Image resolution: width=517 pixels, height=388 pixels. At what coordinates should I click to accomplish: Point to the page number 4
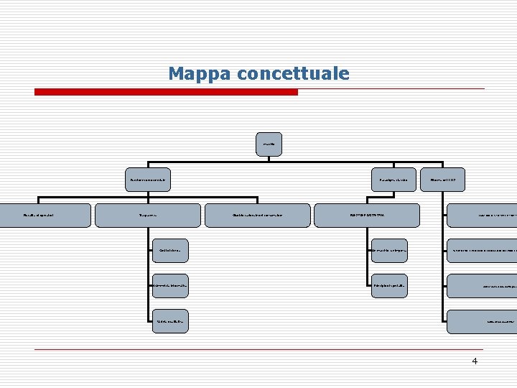point(475,361)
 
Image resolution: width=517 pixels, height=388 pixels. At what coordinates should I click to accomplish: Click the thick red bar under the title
point(166,92)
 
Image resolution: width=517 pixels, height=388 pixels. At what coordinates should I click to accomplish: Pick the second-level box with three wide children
point(149,179)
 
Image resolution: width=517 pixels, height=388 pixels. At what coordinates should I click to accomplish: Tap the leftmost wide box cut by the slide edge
point(45,215)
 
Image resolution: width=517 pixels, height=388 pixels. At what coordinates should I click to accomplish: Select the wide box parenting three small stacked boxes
point(149,215)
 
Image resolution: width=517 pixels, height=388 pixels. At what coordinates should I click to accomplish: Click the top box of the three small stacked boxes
point(170,251)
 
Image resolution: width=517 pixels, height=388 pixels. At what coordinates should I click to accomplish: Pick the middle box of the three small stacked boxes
point(170,286)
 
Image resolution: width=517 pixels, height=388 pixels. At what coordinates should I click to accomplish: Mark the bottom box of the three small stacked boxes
point(170,321)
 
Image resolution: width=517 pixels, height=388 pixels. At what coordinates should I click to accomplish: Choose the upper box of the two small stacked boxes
point(388,251)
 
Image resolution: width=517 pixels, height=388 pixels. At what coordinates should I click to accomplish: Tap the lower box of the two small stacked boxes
point(388,286)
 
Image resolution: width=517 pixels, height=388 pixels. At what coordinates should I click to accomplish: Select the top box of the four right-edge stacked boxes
point(482,215)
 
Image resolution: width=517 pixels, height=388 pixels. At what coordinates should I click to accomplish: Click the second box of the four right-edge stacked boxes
point(482,251)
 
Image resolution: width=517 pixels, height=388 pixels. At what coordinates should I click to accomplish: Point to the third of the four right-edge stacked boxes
point(482,286)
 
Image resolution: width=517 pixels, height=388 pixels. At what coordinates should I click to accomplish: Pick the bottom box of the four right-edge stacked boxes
point(482,321)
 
